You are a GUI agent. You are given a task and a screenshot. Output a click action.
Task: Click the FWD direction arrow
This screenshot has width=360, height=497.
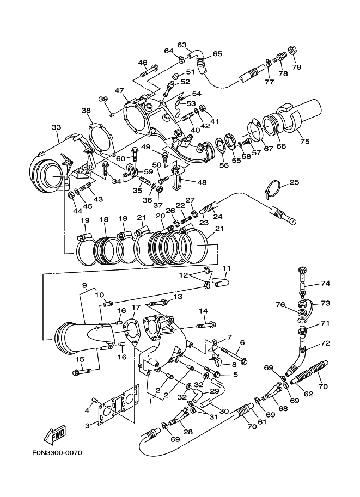point(55,434)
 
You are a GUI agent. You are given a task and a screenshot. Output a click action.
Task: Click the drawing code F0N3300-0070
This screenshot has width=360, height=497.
point(57,452)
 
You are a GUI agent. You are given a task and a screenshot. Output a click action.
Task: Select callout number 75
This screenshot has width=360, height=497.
point(304,142)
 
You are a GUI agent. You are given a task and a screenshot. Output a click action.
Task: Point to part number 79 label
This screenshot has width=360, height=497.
point(297,67)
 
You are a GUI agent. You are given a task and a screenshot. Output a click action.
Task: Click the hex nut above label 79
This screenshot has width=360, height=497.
point(292,50)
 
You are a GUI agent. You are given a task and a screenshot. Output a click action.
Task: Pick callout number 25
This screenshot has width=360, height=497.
point(294,182)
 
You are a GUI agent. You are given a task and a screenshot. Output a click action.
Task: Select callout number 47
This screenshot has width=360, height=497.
point(119,91)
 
